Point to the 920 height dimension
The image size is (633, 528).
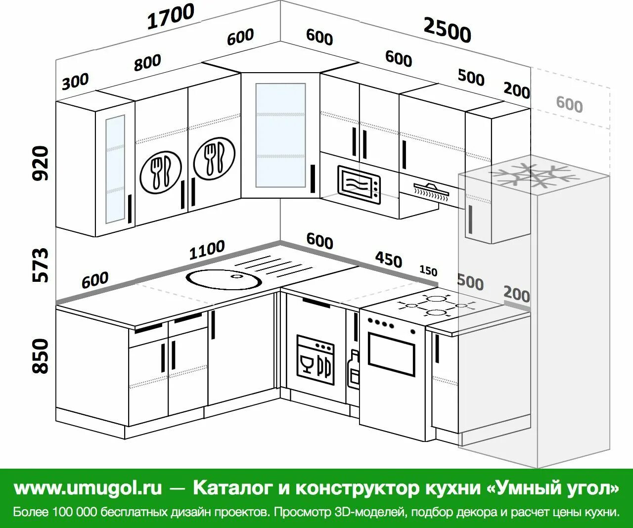[42, 163]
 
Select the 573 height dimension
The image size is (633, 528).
[42, 265]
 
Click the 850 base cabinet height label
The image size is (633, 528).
[42, 356]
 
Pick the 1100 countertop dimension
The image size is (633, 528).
[207, 250]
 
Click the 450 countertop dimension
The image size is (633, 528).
[388, 259]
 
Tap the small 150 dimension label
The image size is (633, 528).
[428, 271]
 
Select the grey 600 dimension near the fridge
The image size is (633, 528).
[569, 104]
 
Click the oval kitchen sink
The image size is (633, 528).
[224, 279]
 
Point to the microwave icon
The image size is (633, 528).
[360, 184]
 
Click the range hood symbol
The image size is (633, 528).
[432, 191]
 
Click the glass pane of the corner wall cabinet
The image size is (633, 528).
[280, 135]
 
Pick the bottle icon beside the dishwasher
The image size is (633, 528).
[354, 369]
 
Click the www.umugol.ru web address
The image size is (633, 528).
[88, 488]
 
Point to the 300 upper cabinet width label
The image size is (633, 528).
[76, 81]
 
